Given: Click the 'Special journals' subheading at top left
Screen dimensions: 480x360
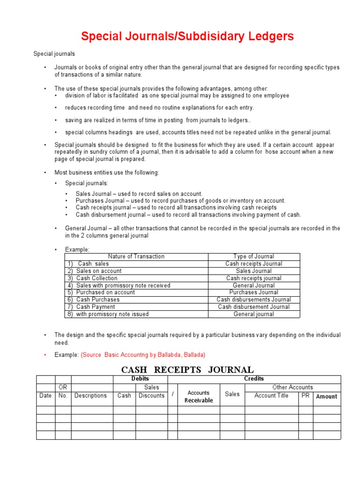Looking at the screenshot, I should click(x=54, y=54).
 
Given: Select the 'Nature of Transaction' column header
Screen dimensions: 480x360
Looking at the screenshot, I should click(x=136, y=256).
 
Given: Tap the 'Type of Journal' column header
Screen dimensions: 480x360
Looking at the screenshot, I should click(x=254, y=256).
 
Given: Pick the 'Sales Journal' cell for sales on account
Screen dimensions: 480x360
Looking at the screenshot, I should click(x=254, y=271).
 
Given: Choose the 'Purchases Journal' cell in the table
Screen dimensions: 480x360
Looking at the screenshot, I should click(x=254, y=292).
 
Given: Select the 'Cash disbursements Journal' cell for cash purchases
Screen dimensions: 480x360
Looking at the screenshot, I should click(x=254, y=300).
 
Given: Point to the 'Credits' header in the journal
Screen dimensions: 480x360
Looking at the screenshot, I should click(x=254, y=379).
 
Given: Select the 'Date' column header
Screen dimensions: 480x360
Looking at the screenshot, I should click(x=45, y=396).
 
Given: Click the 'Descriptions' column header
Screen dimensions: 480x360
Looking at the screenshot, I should click(x=90, y=396).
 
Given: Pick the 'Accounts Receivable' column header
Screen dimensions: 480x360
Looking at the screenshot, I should click(x=199, y=397).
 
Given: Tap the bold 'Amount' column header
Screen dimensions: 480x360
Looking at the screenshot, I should click(x=327, y=397).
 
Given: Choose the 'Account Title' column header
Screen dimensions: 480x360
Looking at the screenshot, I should click(x=271, y=396).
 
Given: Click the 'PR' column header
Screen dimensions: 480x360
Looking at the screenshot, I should click(x=306, y=396).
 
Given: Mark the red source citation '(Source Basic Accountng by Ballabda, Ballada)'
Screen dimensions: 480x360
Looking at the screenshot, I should click(x=143, y=355).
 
